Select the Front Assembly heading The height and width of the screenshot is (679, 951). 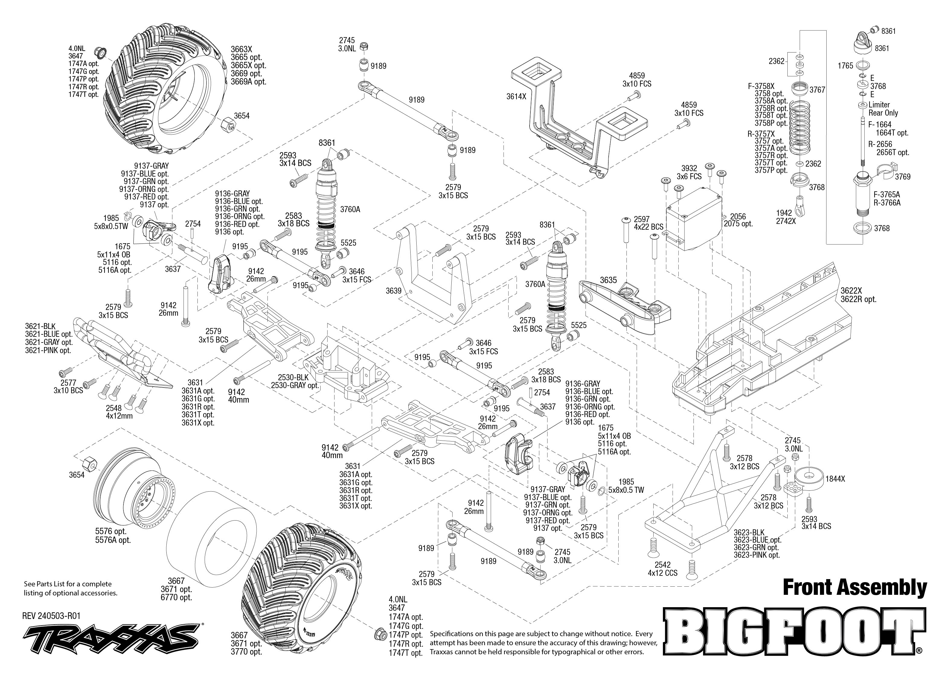click(x=854, y=588)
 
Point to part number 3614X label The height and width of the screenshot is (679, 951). click(x=516, y=97)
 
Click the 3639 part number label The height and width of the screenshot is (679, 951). click(x=393, y=291)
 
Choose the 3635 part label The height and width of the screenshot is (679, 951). click(x=608, y=280)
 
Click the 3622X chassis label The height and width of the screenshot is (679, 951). click(x=851, y=291)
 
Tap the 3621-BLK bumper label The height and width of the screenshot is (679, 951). click(x=40, y=327)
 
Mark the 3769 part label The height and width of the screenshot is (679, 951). click(x=902, y=177)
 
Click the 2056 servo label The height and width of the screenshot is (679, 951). click(x=738, y=217)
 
